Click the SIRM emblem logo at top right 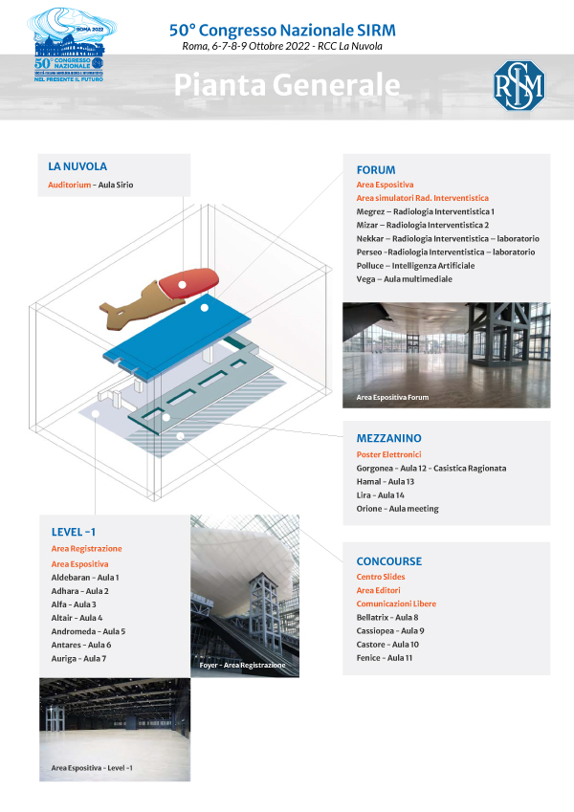click(518, 85)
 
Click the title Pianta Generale click(286, 85)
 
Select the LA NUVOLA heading click(77, 166)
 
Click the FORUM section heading click(376, 169)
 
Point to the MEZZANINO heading click(388, 438)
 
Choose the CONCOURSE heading click(388, 561)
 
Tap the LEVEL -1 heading click(74, 532)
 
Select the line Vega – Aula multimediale click(404, 278)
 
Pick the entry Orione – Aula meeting click(397, 509)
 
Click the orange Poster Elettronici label click(388, 454)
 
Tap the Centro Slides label click(381, 577)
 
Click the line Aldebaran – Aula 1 click(85, 578)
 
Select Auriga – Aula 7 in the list click(78, 658)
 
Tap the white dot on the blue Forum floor click(204, 310)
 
